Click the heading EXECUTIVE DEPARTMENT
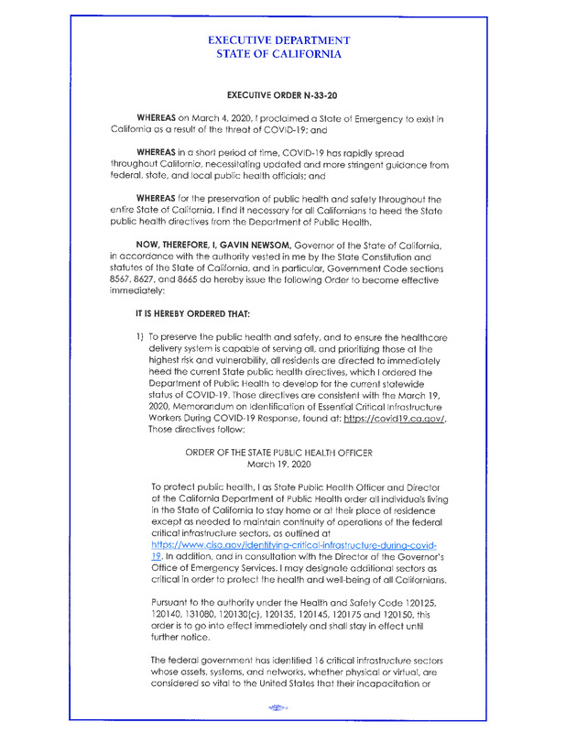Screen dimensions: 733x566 coord(278,40)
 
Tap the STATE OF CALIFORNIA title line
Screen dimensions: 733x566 coord(278,55)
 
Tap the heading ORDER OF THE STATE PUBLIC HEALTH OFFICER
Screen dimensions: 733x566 coord(278,453)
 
